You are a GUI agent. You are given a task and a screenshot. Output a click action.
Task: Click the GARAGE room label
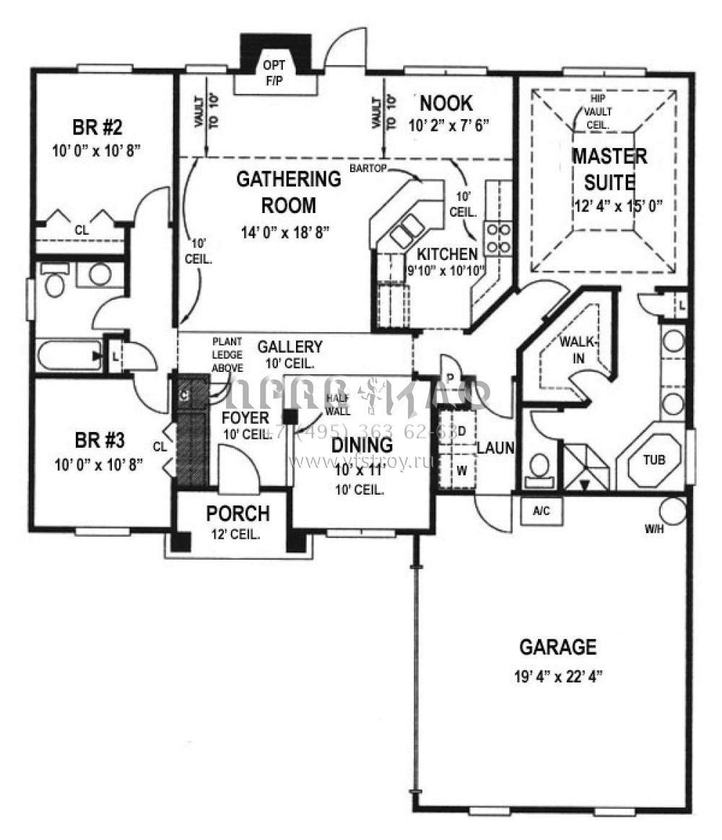pyautogui.click(x=558, y=646)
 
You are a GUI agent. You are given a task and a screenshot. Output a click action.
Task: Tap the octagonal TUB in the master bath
pyautogui.click(x=655, y=459)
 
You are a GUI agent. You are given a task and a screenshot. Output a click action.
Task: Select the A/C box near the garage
pyautogui.click(x=541, y=511)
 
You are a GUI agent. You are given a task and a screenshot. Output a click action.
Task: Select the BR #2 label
pyautogui.click(x=97, y=128)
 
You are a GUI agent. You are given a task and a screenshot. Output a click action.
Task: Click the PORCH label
pyautogui.click(x=238, y=514)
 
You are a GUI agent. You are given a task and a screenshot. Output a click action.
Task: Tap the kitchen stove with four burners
pyautogui.click(x=499, y=238)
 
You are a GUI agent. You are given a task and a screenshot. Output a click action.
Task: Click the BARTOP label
pyautogui.click(x=368, y=168)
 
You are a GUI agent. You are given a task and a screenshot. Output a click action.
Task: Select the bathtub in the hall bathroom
pyautogui.click(x=69, y=356)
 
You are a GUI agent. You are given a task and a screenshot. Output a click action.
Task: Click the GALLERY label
pyautogui.click(x=290, y=347)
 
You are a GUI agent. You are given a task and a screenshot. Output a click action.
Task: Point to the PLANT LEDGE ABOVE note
pyautogui.click(x=227, y=354)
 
